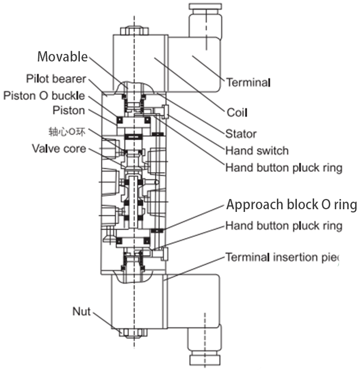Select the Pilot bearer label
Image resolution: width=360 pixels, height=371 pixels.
(x=57, y=79)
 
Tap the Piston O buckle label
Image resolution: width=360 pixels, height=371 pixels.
(x=44, y=95)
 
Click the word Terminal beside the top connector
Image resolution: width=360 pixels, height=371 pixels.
(x=248, y=83)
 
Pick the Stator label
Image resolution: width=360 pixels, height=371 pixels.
(x=241, y=134)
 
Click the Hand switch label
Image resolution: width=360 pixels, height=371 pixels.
(x=257, y=150)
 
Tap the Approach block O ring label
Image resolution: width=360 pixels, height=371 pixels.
(x=291, y=205)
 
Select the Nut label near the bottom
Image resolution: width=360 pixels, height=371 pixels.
(x=81, y=312)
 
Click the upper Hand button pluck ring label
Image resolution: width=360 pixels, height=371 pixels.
(x=284, y=168)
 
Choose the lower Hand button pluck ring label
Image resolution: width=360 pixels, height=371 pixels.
(x=284, y=225)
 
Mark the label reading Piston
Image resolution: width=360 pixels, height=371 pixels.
(x=69, y=111)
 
